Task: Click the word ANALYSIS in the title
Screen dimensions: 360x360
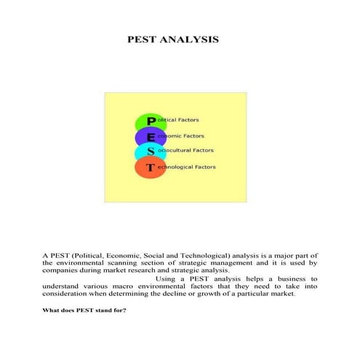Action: coord(191,38)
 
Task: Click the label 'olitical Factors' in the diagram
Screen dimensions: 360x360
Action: coord(177,120)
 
